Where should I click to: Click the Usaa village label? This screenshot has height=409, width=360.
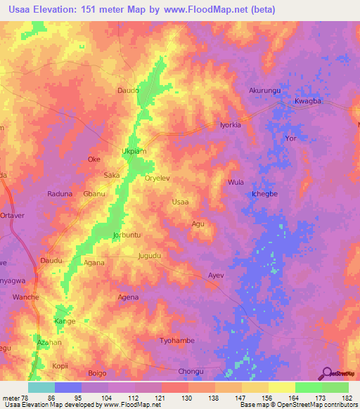tap(180, 202)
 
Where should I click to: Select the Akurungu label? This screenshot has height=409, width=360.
tap(264, 91)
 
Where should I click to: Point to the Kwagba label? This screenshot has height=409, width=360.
tap(307, 101)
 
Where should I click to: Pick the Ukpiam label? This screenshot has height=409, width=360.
tap(134, 151)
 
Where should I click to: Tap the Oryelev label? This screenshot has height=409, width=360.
tap(157, 178)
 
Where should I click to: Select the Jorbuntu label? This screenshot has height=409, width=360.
tap(127, 235)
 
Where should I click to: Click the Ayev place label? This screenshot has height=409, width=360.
tap(215, 275)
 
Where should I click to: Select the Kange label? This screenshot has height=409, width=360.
tap(65, 321)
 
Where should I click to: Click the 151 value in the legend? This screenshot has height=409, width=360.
tap(241, 398)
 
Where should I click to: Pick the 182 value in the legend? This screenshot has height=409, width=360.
tap(347, 398)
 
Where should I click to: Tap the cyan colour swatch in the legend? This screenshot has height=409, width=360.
tap(41, 387)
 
